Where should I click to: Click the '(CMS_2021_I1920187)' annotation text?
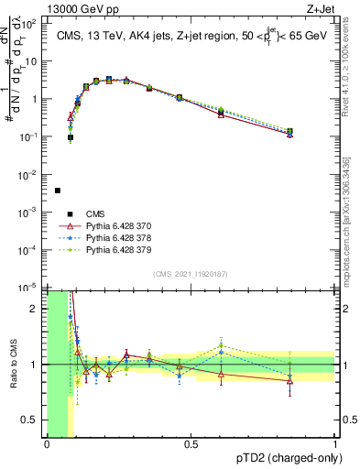tap(191, 274)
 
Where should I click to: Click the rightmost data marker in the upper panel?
tap(290, 133)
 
